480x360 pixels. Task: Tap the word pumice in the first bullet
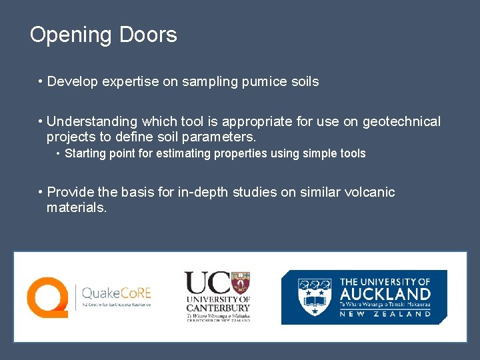pos(265,82)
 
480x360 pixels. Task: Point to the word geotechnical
pos(397,121)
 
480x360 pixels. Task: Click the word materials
pos(75,208)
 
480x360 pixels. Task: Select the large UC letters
pos(204,283)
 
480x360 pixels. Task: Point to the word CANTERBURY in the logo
pos(218,308)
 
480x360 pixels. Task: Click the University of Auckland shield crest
pos(313,297)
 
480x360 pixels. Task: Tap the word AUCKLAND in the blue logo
pos(385,293)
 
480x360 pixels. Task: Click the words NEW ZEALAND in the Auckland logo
pos(385,314)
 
